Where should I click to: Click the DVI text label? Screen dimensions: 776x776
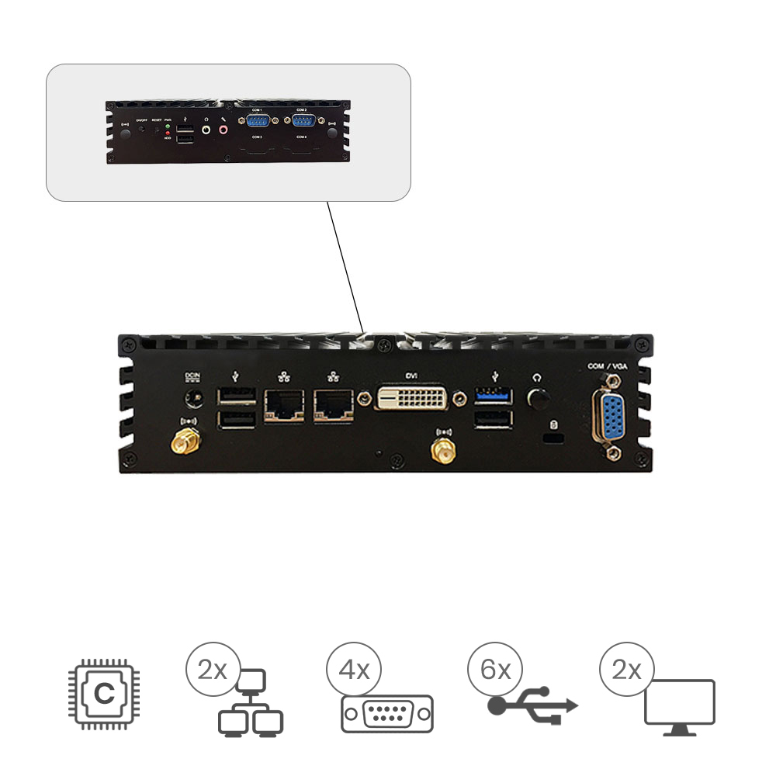click(x=411, y=376)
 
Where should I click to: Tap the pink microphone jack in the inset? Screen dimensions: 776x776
click(x=224, y=130)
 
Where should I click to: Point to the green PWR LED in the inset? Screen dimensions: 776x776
click(x=168, y=126)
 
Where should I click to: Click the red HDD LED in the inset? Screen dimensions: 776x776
click(x=168, y=133)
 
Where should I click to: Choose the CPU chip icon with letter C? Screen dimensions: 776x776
click(x=102, y=694)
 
